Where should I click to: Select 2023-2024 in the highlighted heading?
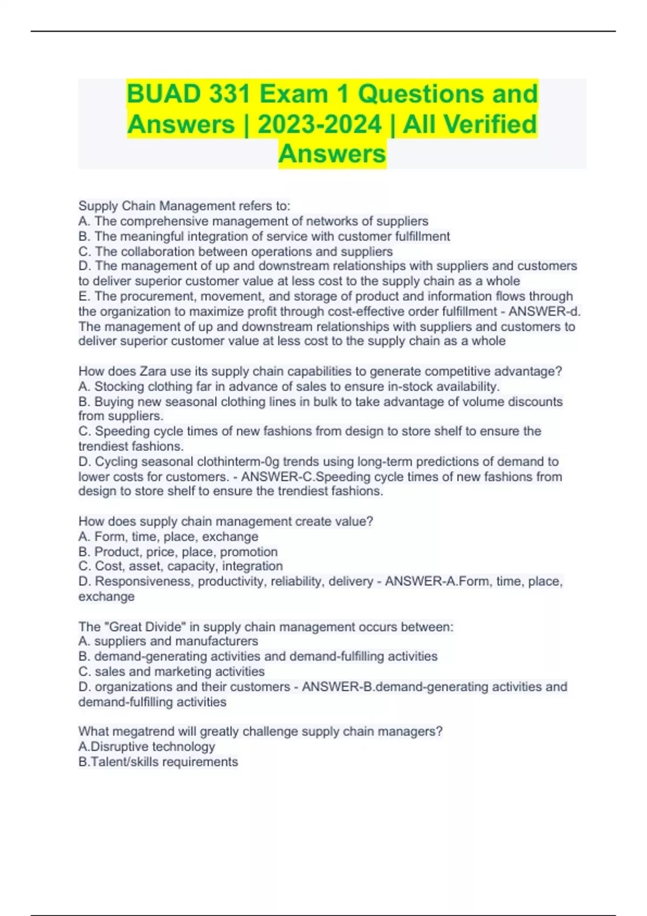pos(319,124)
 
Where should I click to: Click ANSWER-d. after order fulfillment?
pos(544,311)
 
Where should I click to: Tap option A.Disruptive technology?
pos(147,746)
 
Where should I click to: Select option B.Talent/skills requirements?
pos(158,761)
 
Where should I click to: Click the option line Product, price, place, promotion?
pos(178,552)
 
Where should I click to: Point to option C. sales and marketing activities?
pos(171,671)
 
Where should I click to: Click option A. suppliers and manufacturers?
pos(168,641)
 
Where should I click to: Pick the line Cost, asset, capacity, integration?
pos(181,566)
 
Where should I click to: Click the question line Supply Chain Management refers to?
pos(184,206)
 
